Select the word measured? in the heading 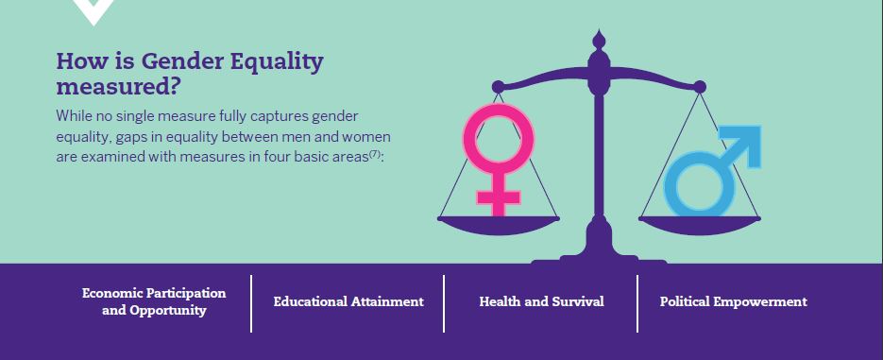[x=118, y=87]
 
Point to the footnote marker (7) [x=375, y=154]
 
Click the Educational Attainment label [x=348, y=302]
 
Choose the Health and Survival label [x=541, y=302]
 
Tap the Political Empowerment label [x=733, y=302]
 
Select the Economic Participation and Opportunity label [x=154, y=302]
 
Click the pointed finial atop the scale [x=599, y=40]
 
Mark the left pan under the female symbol [x=499, y=225]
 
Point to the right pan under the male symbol [x=700, y=225]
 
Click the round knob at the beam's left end [x=498, y=87]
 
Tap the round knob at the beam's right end [x=700, y=87]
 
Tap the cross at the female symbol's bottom [x=499, y=198]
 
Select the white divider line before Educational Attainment [x=251, y=303]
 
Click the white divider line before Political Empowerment [x=637, y=303]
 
